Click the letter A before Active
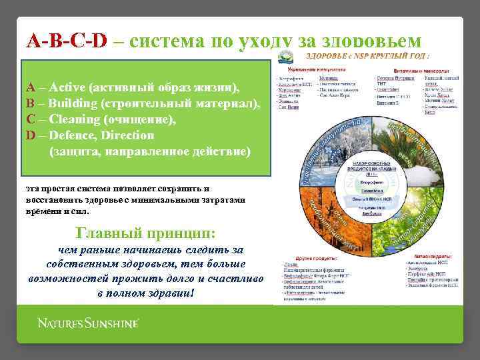pyautogui.click(x=31, y=87)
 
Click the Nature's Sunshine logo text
pyautogui.click(x=88, y=323)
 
